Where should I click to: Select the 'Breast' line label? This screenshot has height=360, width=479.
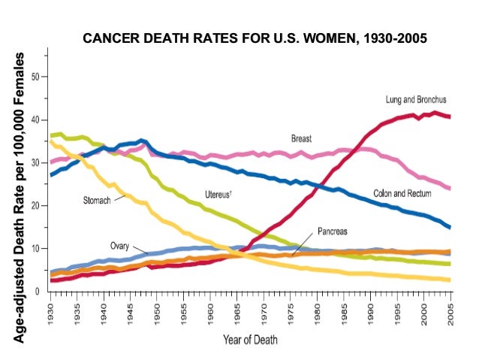302,139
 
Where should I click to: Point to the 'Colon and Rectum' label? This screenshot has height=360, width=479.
402,193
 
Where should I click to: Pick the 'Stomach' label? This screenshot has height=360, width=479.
97,201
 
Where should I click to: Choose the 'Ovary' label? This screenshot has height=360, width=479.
121,246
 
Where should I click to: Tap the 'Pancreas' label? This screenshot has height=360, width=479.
333,231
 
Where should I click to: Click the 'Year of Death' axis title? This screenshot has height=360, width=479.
250,340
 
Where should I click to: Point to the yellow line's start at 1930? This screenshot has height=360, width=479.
50,141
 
